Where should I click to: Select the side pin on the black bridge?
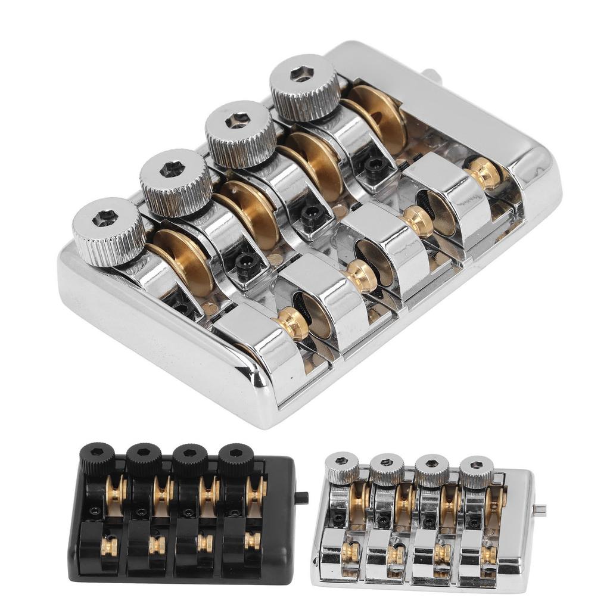[x=301, y=497]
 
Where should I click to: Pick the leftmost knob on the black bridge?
[x=97, y=458]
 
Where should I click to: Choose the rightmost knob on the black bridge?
[x=235, y=459]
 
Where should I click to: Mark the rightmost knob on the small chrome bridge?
[x=477, y=471]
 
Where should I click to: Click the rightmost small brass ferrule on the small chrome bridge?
[x=488, y=554]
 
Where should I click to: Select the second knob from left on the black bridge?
[x=144, y=458]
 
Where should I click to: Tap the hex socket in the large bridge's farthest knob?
[x=302, y=74]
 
